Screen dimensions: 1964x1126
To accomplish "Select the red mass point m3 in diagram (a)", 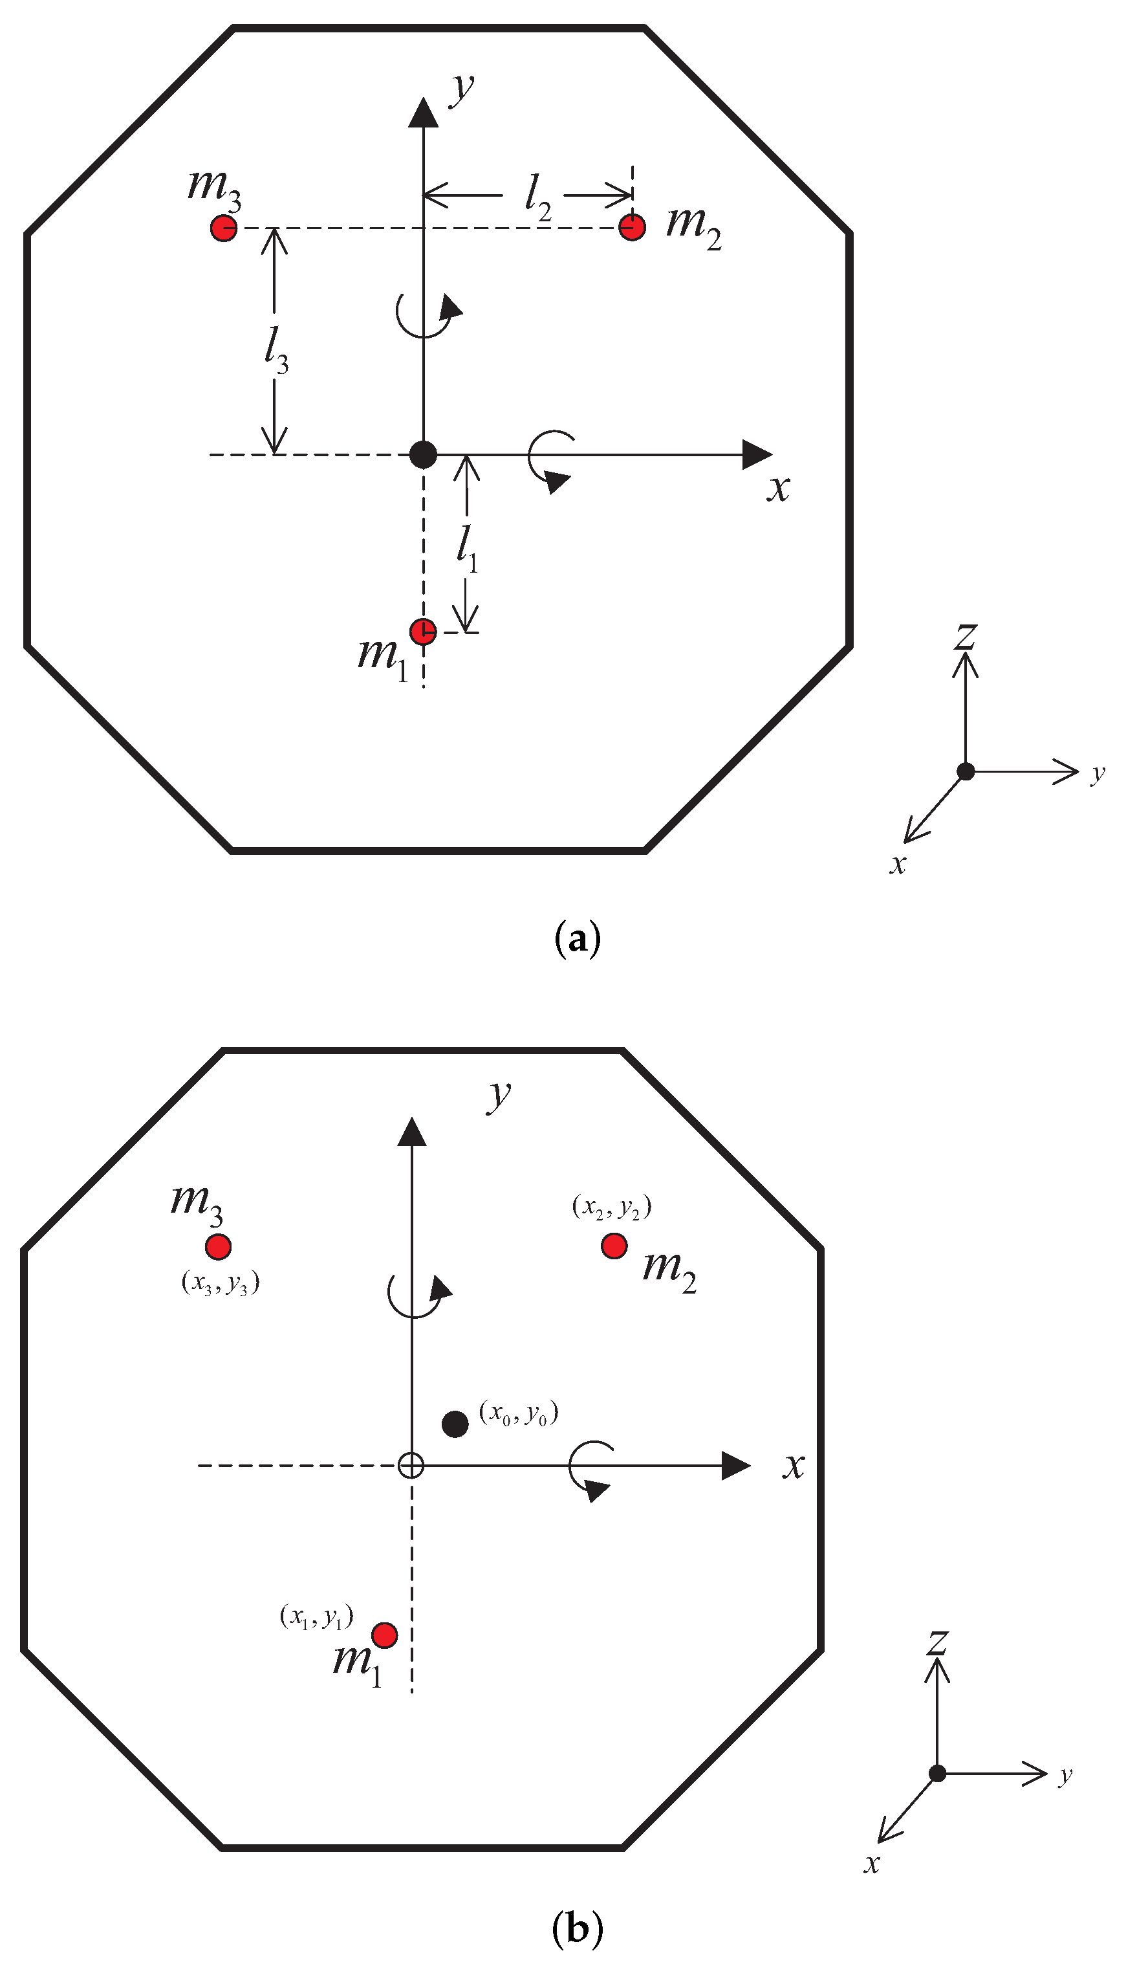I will point(224,228).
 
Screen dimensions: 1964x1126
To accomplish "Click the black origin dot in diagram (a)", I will point(423,454).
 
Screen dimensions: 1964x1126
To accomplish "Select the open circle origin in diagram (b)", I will point(411,1465).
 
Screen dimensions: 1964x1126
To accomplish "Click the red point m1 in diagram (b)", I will point(384,1635).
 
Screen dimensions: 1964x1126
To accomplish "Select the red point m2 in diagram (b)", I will point(614,1246).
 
